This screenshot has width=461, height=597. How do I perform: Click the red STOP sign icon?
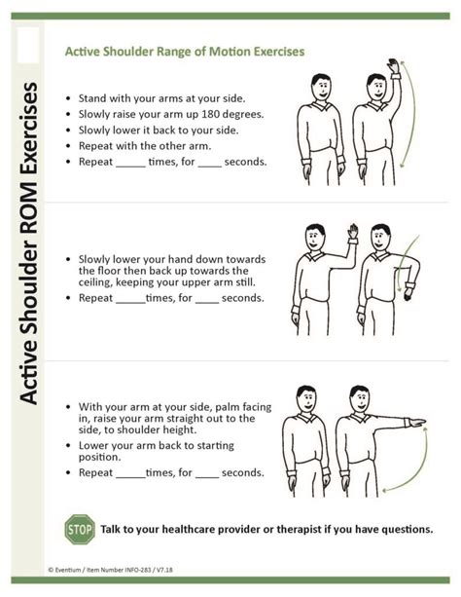(x=79, y=529)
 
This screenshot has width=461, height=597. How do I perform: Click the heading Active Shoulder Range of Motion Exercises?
(x=184, y=51)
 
